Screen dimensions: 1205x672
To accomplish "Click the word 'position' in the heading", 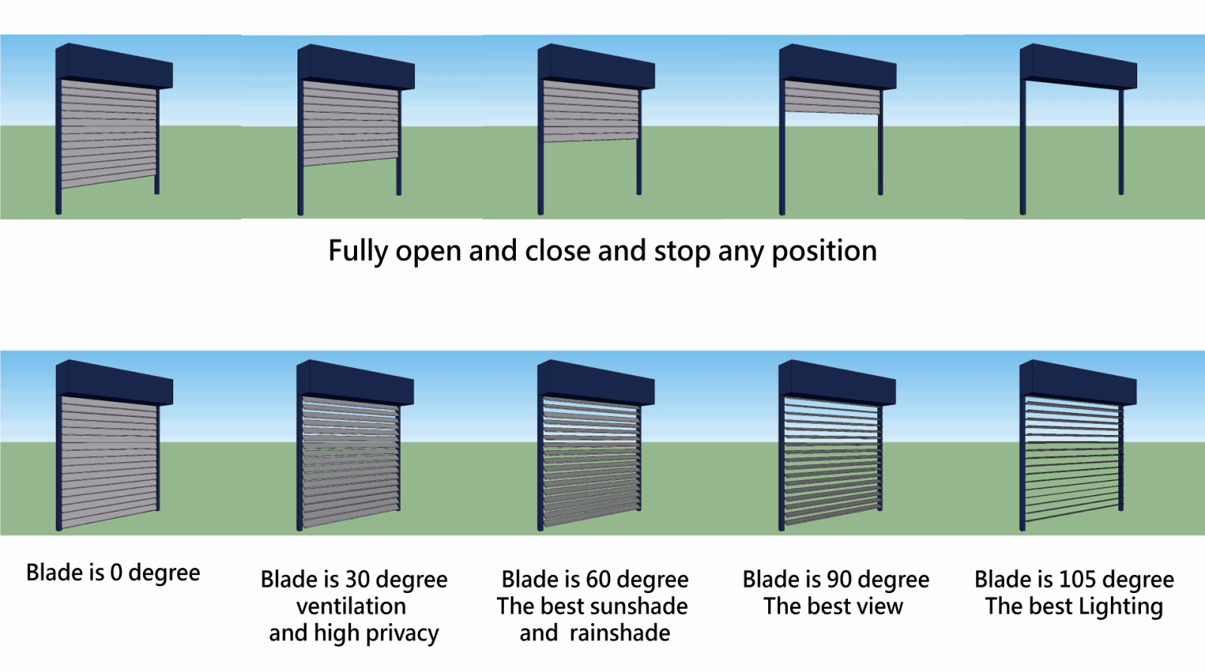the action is pyautogui.click(x=824, y=251).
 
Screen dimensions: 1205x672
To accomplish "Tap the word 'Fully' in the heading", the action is pyautogui.click(x=358, y=251).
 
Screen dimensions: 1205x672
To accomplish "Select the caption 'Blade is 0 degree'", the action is pyautogui.click(x=113, y=573).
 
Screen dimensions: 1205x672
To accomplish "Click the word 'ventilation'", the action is pyautogui.click(x=351, y=607).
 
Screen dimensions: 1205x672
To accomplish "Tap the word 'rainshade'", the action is pyautogui.click(x=620, y=634).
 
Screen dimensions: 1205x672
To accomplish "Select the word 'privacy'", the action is pyautogui.click(x=402, y=634).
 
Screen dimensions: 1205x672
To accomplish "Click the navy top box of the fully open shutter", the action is pyautogui.click(x=1078, y=66).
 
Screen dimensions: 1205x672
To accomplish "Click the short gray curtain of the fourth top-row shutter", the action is pyautogui.click(x=831, y=97).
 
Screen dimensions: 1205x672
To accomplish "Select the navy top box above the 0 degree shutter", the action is pyautogui.click(x=114, y=382).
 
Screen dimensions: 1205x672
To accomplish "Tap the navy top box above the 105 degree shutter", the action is pyautogui.click(x=1078, y=382).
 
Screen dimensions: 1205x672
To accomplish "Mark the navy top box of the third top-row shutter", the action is pyautogui.click(x=596, y=66).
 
